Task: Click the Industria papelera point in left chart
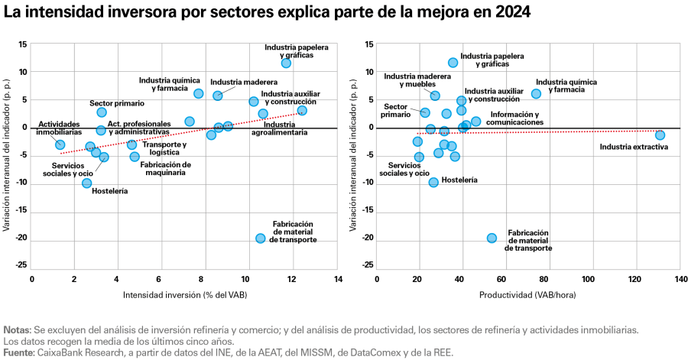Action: point(286,63)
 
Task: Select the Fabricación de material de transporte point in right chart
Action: point(492,238)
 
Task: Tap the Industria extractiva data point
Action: point(660,135)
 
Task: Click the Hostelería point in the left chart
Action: point(87,183)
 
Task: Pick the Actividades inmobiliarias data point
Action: point(60,144)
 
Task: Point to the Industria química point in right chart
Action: point(536,93)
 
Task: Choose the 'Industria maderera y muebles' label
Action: point(417,80)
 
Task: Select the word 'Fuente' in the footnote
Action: point(18,352)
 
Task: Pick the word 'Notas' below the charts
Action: point(17,329)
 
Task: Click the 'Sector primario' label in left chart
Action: point(116,103)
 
